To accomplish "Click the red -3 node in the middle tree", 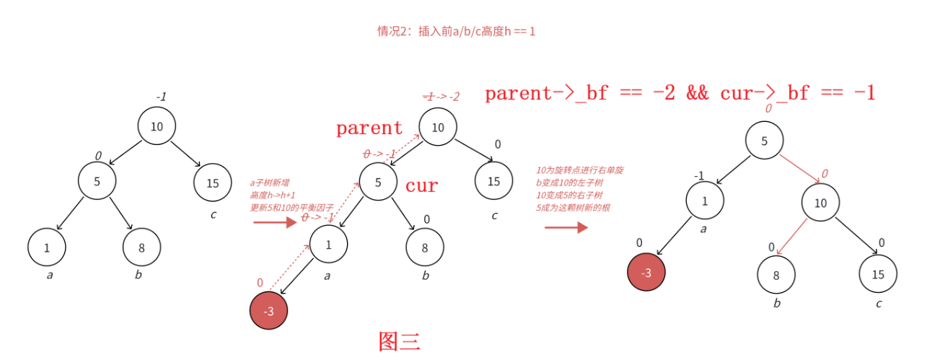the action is pyautogui.click(x=268, y=310).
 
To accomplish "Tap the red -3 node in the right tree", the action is pyautogui.click(x=646, y=273).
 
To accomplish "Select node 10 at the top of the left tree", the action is pyautogui.click(x=157, y=126).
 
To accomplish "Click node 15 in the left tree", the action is pyautogui.click(x=212, y=183).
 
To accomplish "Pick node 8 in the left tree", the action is pyautogui.click(x=141, y=247).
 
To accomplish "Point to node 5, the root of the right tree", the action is pyautogui.click(x=764, y=141).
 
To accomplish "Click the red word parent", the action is pyautogui.click(x=369, y=128).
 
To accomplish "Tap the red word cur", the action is pyautogui.click(x=421, y=185).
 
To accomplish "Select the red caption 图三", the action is pyautogui.click(x=399, y=341).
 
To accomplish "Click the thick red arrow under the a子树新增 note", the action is pyautogui.click(x=275, y=222).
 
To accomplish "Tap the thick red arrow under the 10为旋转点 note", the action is pyautogui.click(x=566, y=227).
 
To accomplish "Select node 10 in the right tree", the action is pyautogui.click(x=820, y=203).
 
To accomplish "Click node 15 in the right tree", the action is pyautogui.click(x=877, y=274).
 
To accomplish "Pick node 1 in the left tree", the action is pyautogui.click(x=47, y=247).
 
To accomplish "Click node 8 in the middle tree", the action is pyautogui.click(x=425, y=247).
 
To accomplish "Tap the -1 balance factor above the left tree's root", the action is pyautogui.click(x=162, y=97).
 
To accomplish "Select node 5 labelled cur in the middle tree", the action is pyautogui.click(x=378, y=183).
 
